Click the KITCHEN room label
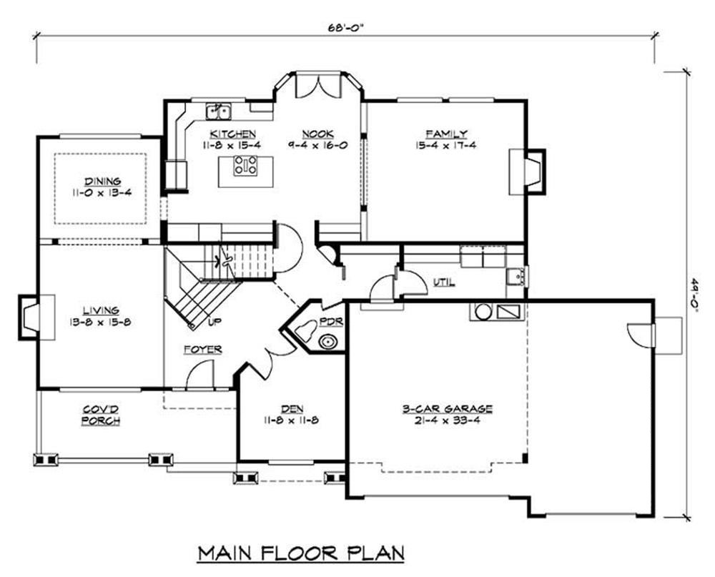click(232, 134)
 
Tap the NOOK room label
click(318, 134)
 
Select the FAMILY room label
click(446, 134)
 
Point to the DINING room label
click(102, 181)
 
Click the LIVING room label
click(102, 310)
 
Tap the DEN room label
click(292, 409)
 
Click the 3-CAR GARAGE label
click(447, 408)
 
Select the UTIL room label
click(444, 282)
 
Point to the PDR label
click(330, 322)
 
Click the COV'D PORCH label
click(101, 415)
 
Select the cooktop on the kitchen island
click(245, 166)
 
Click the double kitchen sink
click(218, 112)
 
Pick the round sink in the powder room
click(327, 342)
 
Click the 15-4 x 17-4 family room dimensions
click(446, 146)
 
